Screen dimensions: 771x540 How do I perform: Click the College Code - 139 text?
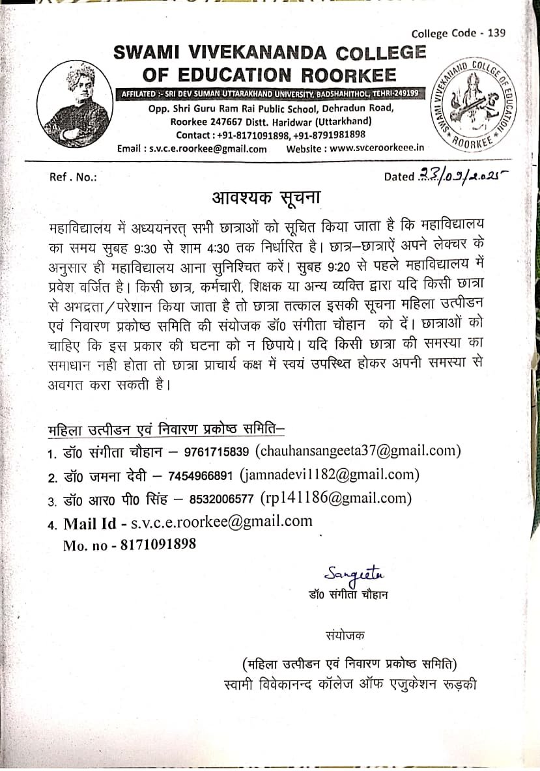pyautogui.click(x=458, y=34)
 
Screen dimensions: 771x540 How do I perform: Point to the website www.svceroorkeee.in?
pyautogui.click(x=377, y=148)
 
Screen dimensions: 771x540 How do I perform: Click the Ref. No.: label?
pyautogui.click(x=73, y=176)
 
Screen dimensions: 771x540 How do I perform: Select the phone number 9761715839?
pyautogui.click(x=217, y=452)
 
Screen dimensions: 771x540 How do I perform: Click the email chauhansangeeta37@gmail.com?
pyautogui.click(x=358, y=451)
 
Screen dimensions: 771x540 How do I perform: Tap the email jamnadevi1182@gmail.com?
pyautogui.click(x=330, y=475)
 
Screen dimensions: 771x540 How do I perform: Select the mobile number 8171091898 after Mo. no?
pyautogui.click(x=158, y=544)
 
